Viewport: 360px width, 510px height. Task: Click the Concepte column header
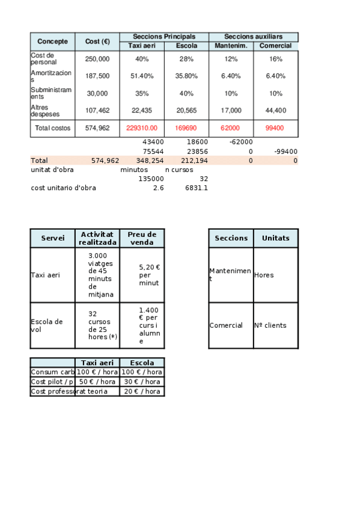[x=52, y=41]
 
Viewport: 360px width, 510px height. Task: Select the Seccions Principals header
[x=164, y=37]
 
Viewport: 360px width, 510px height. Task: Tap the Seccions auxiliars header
[x=253, y=37]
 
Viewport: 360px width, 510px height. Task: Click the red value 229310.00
[x=142, y=128]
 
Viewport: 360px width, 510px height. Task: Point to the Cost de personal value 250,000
[x=97, y=59]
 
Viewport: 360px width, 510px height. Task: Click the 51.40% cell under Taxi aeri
[x=142, y=76]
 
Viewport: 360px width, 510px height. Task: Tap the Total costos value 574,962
[x=97, y=128]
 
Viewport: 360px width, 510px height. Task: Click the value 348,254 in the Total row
[x=150, y=161]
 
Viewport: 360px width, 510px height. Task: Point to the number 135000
[x=151, y=179]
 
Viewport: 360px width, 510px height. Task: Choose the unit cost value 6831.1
[x=197, y=188]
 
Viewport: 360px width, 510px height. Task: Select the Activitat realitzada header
[x=97, y=238]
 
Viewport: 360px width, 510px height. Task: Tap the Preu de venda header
[x=142, y=238]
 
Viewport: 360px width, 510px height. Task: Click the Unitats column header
[x=275, y=238]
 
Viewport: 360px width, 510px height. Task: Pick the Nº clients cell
[x=270, y=325]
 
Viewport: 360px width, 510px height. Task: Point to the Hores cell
[x=264, y=275]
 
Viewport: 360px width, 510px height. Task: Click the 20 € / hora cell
[x=142, y=391]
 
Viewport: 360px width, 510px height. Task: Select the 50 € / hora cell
[x=97, y=382]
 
